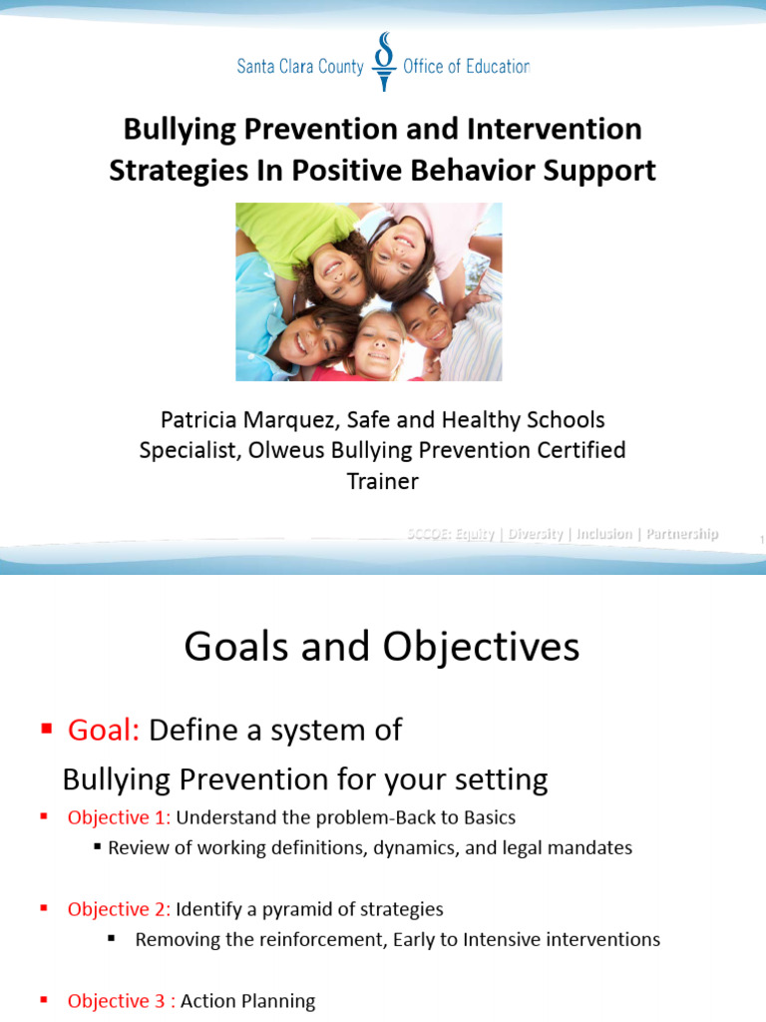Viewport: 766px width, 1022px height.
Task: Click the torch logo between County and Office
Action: pos(383,63)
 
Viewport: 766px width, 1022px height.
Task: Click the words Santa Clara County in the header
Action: pos(300,67)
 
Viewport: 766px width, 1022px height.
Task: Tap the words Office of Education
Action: pos(465,67)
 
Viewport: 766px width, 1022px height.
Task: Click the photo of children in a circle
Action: pos(369,291)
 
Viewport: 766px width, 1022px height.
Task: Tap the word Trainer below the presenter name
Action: pos(382,481)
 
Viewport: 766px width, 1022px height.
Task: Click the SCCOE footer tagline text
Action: pos(562,534)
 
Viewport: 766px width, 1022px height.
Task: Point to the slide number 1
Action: pos(760,540)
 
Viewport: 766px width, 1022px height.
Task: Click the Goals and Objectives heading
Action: pos(382,648)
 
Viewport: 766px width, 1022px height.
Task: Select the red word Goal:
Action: pos(104,731)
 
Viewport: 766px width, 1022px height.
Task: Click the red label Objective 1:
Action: pos(119,817)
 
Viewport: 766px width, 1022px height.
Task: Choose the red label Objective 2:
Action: pos(119,909)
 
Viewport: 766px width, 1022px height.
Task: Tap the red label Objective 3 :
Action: pos(121,1001)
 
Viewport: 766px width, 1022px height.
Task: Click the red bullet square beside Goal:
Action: pos(45,730)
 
